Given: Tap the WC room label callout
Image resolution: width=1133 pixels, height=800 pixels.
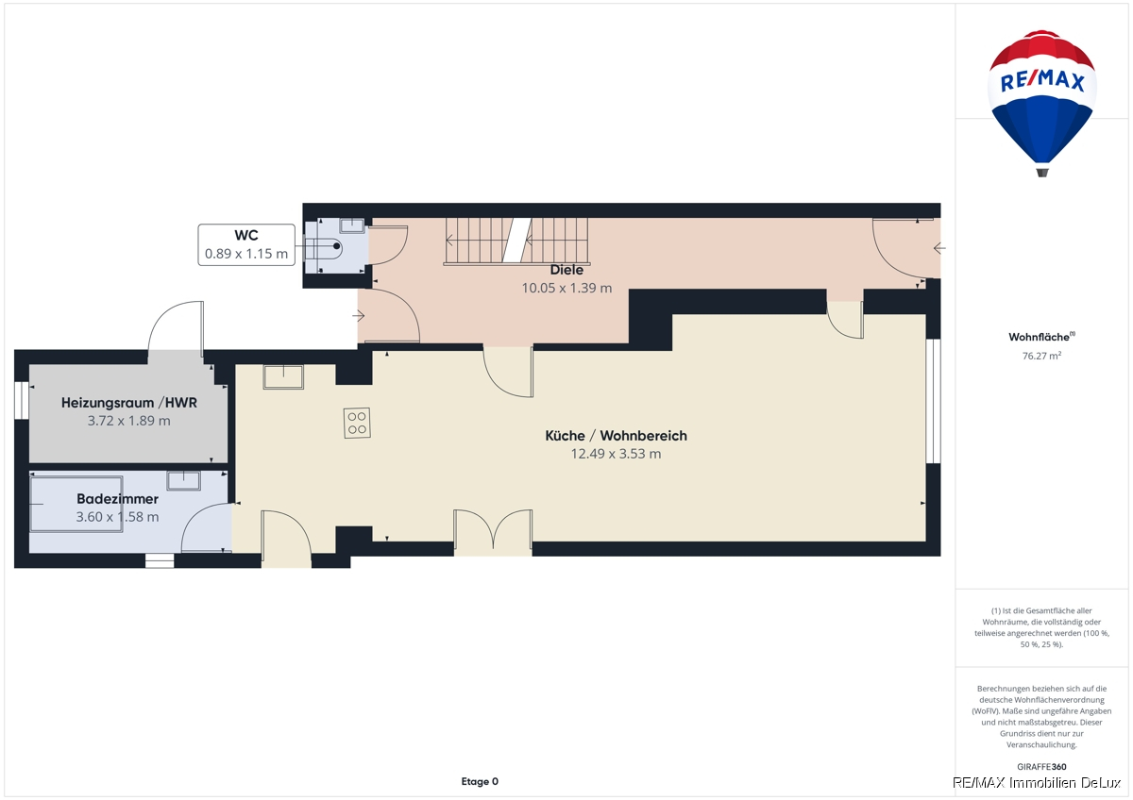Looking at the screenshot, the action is coord(246,244).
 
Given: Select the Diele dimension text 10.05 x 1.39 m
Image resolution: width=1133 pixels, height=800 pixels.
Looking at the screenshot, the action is coord(566,288).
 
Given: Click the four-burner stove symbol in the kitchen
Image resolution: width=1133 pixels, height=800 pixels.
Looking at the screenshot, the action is coord(357,423).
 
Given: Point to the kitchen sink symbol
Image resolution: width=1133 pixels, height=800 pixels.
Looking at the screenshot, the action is coord(283,377).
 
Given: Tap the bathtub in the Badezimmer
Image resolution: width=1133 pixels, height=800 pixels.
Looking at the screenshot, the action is coord(76,504).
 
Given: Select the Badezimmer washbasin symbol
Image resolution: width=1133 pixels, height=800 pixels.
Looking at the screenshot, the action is coord(183,480).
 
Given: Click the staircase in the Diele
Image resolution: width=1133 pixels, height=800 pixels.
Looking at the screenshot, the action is coord(517,242).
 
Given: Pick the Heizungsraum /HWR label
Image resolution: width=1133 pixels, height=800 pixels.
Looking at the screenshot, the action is coord(129,403).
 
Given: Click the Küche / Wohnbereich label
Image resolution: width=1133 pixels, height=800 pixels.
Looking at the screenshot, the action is coord(616,436).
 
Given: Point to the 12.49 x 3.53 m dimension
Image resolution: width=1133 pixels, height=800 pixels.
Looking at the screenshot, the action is coord(616,454).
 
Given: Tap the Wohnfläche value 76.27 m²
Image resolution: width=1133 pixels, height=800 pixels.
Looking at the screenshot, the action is coord(1041,356).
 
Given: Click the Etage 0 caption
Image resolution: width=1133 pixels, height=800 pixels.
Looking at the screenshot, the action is coord(480,781).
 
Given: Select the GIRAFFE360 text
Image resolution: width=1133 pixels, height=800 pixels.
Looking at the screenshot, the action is coord(1041,767).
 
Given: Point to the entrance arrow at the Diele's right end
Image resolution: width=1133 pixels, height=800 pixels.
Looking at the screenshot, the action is coord(939,248).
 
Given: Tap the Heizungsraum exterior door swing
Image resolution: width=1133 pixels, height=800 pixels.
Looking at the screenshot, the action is coord(177,326).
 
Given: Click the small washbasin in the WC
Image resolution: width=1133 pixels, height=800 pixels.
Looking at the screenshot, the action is coord(351,225).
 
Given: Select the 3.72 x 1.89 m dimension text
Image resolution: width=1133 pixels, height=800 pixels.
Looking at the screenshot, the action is coord(129,421).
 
